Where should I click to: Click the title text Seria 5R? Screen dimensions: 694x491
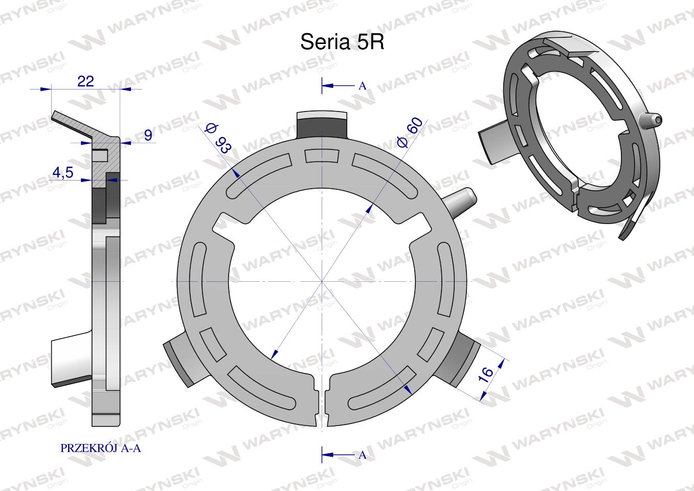coord(342,41)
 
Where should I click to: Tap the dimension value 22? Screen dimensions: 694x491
coord(85,81)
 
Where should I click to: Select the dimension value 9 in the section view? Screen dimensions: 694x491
coord(148,135)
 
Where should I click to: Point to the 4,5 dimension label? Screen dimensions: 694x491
coord(63,172)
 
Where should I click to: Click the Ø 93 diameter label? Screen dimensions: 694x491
coord(218,138)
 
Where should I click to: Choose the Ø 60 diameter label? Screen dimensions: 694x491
coord(410,132)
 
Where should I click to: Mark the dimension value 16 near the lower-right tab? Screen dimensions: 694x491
coord(486,374)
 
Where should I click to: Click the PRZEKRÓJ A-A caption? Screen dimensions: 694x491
coord(100,448)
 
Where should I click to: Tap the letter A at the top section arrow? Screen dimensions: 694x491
coord(362,86)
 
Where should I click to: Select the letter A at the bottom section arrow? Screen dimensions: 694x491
coord(362,455)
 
